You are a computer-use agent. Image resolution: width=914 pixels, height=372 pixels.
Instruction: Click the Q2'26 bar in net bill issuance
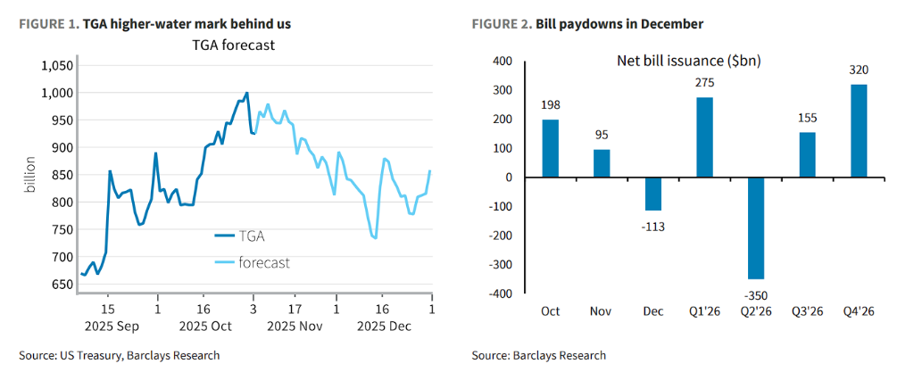point(756,228)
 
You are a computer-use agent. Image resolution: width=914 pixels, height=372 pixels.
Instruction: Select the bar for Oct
point(551,148)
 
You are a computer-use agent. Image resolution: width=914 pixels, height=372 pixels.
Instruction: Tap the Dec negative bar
point(653,194)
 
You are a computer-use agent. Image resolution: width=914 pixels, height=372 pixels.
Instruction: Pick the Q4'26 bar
point(859,130)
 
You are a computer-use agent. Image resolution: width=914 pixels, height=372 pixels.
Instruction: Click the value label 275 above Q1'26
point(705,83)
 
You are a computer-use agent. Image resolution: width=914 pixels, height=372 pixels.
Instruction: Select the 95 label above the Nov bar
point(602,136)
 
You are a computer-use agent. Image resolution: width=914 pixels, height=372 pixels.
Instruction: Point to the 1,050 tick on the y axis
point(54,66)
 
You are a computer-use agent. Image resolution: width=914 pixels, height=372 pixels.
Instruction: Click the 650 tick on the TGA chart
point(60,285)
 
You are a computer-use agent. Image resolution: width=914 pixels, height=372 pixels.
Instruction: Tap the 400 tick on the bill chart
point(502,62)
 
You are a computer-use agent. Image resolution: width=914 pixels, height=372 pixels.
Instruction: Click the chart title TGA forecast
point(235,45)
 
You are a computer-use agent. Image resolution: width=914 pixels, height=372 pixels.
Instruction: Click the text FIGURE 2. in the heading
point(501,24)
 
